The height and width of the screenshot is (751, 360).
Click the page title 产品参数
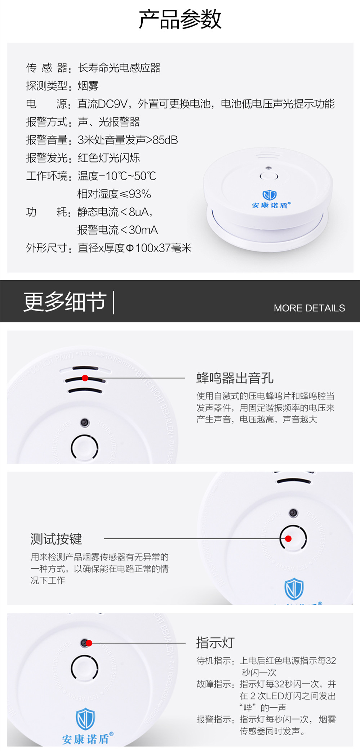pos(180,19)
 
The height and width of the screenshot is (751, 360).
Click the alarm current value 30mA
pos(143,230)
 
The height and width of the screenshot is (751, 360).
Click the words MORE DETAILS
pos(309,308)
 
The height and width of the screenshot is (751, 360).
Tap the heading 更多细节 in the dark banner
pos(65,302)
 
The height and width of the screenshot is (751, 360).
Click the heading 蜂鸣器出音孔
pos(235,378)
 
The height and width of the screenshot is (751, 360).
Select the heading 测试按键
pos(56,539)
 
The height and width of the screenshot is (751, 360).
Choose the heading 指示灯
pos(215,643)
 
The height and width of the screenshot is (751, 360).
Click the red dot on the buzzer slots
pos(85,378)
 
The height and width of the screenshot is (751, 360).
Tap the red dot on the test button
pos(288,538)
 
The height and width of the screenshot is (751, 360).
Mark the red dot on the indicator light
pos(89,643)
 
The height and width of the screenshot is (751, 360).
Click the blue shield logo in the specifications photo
pos(270,195)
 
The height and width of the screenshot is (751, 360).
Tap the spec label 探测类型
pos(46,86)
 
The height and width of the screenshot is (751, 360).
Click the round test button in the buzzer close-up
pos(85,447)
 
